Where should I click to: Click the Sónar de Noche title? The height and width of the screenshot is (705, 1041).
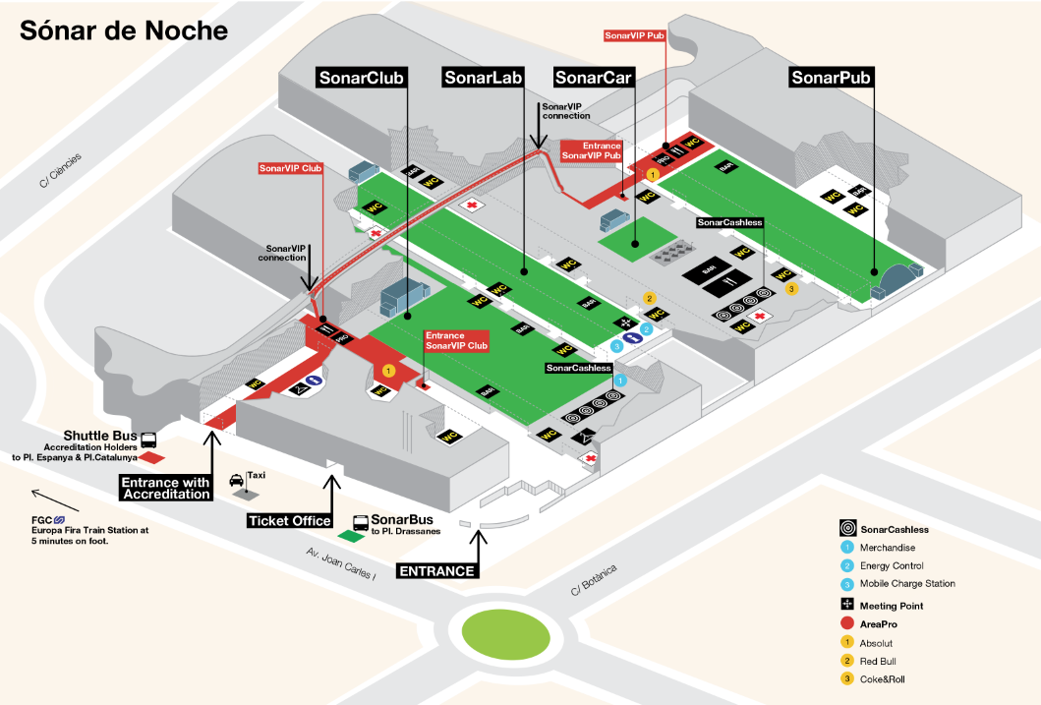(x=124, y=30)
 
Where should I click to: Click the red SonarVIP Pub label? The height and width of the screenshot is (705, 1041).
(x=635, y=35)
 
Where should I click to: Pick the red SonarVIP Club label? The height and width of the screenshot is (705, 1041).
(x=290, y=168)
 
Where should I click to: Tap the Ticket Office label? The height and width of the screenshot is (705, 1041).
(x=290, y=520)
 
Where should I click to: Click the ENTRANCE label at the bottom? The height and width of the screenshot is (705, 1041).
(x=437, y=570)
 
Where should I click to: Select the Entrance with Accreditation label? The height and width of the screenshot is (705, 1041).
(x=166, y=488)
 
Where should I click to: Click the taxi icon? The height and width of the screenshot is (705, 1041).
(x=237, y=481)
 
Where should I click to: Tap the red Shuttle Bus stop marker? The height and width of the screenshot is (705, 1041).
(x=151, y=457)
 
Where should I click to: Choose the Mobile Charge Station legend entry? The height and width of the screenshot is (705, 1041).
(x=906, y=583)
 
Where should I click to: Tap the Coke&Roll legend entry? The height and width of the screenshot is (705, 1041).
(x=883, y=678)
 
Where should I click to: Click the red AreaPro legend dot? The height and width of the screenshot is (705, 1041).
(x=845, y=624)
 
